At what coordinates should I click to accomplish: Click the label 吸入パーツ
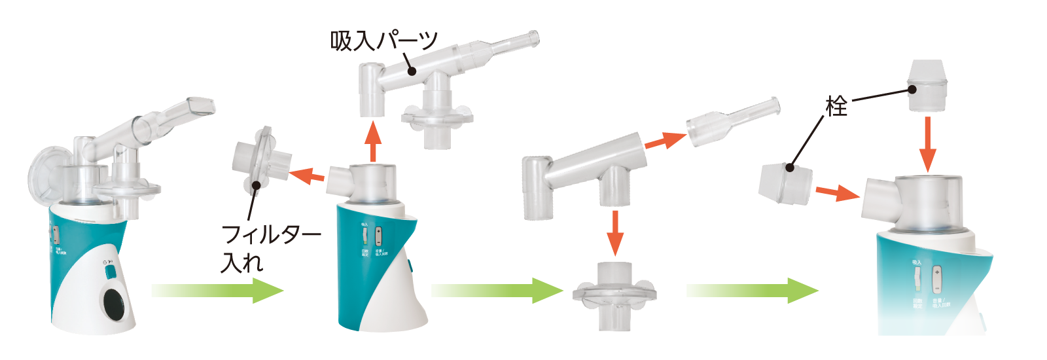[383, 41]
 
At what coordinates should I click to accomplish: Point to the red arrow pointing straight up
[372, 142]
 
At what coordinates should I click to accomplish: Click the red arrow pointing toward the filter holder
[307, 175]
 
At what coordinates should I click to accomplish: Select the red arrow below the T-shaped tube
[614, 232]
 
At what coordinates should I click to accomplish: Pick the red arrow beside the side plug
[836, 192]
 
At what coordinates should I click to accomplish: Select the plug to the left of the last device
[785, 183]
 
